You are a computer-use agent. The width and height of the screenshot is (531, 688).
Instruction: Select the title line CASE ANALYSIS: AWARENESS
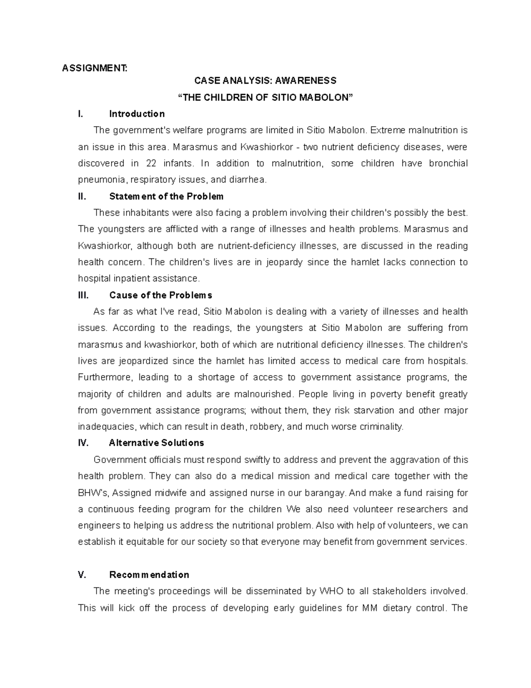(265, 81)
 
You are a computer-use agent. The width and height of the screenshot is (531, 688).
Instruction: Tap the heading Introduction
(137, 114)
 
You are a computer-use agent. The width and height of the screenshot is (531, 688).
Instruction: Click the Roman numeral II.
(82, 196)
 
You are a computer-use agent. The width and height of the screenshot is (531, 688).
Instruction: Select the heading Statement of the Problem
(166, 196)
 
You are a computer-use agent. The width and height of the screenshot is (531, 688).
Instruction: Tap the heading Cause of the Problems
(161, 295)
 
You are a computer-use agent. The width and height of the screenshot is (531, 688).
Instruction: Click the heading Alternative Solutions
(156, 443)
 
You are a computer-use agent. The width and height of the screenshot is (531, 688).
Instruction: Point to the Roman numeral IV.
(83, 443)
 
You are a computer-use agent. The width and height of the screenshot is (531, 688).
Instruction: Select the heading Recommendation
(149, 575)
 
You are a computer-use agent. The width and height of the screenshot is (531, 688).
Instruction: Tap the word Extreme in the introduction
(385, 130)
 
